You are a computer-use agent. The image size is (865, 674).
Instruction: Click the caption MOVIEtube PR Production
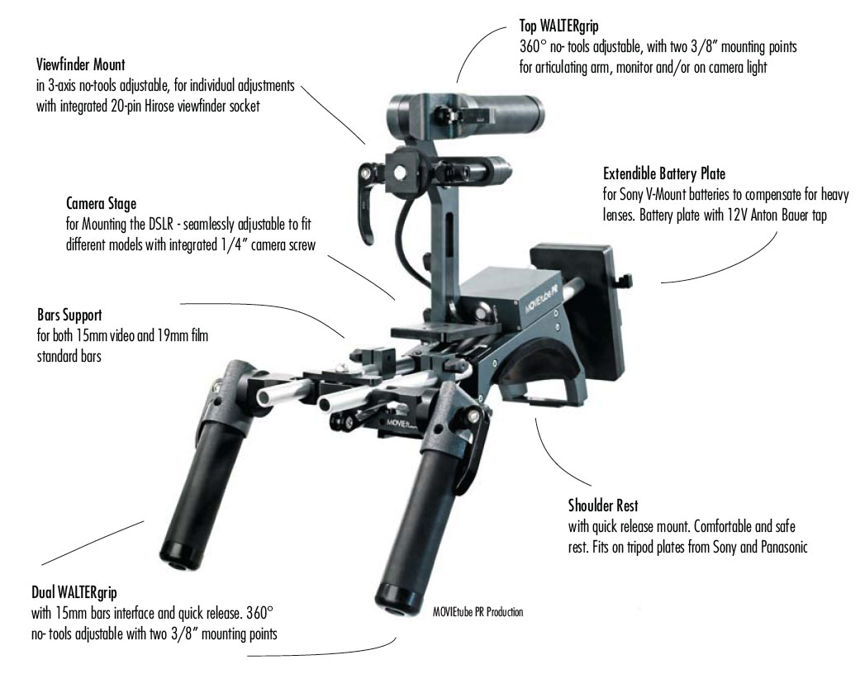pyautogui.click(x=478, y=612)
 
